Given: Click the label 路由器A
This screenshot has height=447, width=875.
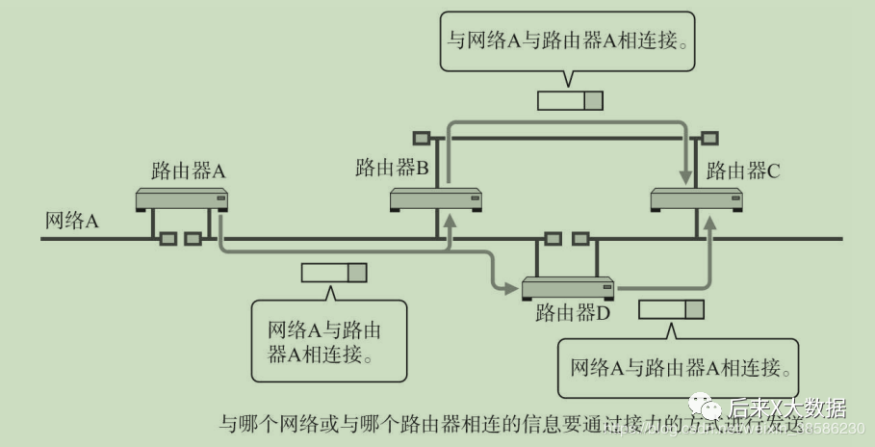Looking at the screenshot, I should click(189, 171).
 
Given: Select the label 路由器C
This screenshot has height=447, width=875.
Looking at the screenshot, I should click(743, 171).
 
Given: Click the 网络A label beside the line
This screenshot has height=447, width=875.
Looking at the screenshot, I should click(72, 220).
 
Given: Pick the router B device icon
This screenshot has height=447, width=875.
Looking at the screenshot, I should click(435, 199).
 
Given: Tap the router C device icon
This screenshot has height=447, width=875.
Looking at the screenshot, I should click(697, 199).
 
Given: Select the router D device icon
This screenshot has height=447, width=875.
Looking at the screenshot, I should click(568, 287).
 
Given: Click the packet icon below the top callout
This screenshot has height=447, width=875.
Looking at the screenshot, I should click(570, 100).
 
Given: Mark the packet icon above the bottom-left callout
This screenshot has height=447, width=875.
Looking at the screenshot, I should click(334, 273).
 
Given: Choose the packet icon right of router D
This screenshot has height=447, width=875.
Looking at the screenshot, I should click(671, 309).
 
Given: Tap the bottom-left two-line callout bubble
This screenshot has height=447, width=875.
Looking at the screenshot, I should click(327, 341).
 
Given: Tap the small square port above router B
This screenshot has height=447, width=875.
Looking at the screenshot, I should click(422, 137).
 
